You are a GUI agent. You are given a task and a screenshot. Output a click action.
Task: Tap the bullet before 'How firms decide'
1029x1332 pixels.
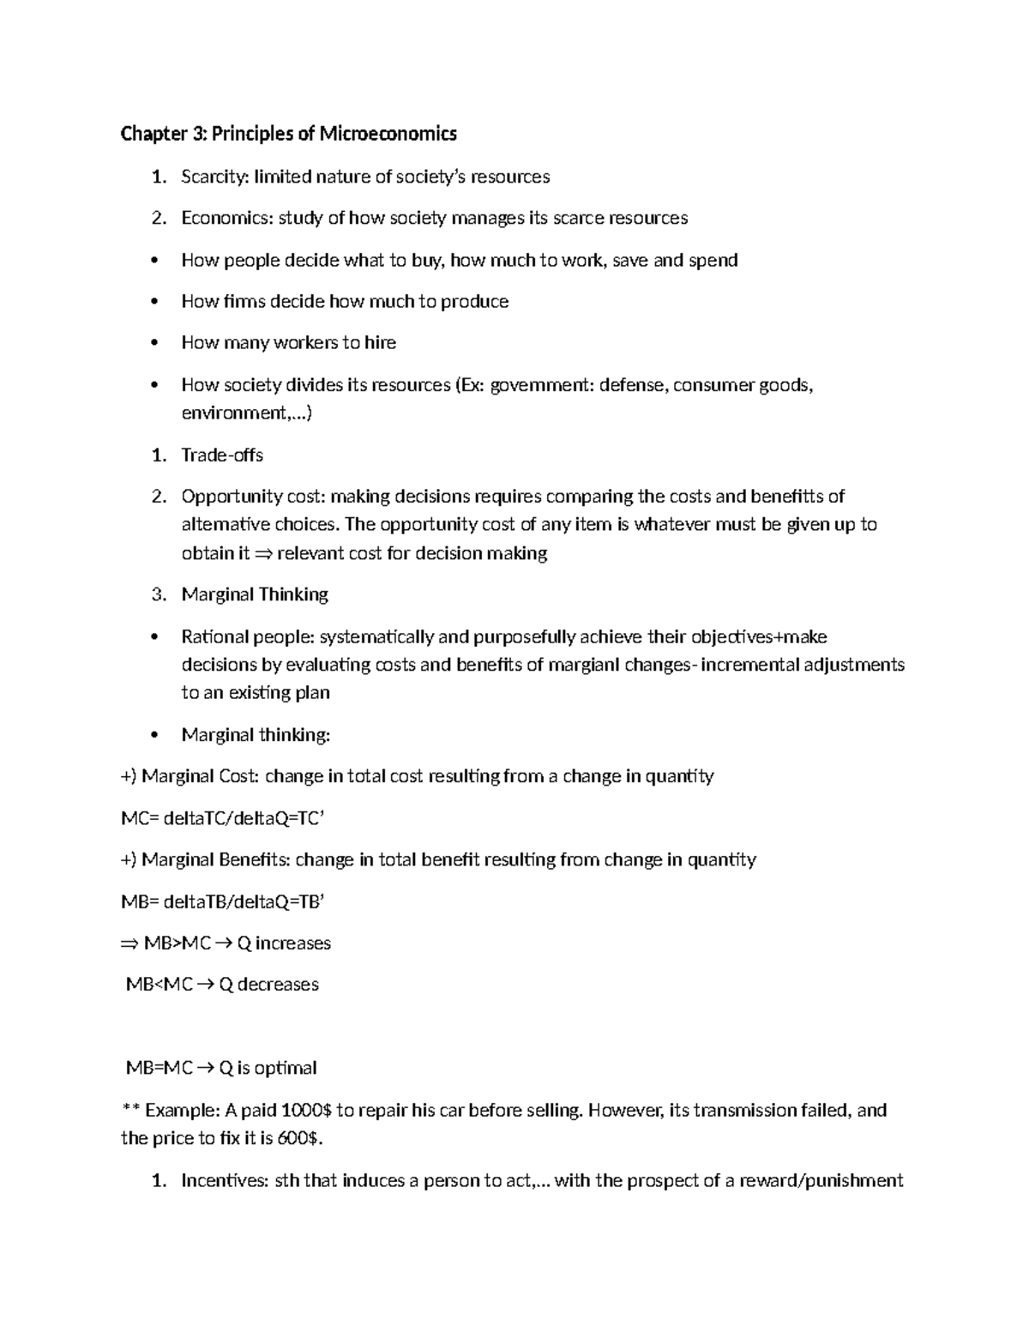click(x=154, y=302)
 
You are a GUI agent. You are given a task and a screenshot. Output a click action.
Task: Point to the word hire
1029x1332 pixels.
click(x=380, y=343)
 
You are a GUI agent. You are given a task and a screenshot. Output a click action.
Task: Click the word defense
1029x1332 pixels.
click(x=632, y=385)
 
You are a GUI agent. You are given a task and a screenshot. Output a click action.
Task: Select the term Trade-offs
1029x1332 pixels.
click(x=222, y=455)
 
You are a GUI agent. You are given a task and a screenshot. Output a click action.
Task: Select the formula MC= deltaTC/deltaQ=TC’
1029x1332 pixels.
click(x=223, y=818)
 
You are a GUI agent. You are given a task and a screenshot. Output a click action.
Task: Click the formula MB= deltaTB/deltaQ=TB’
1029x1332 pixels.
click(x=223, y=901)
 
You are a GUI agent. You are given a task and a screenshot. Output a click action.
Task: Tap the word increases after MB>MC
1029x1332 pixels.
click(x=293, y=943)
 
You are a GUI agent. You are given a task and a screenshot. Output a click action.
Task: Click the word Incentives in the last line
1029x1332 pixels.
click(x=223, y=1181)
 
